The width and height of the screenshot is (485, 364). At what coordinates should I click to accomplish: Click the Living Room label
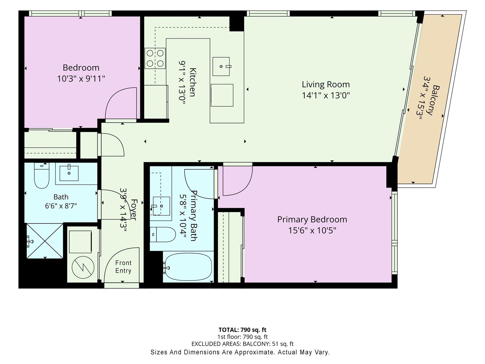[326, 84]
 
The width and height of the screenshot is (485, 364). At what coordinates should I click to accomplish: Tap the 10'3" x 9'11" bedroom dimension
[81, 79]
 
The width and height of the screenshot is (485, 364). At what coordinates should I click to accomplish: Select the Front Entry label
[123, 267]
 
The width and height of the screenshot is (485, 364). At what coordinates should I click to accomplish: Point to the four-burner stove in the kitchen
[155, 58]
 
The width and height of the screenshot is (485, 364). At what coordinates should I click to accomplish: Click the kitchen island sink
[221, 66]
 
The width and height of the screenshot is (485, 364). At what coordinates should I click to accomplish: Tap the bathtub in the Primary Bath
[188, 267]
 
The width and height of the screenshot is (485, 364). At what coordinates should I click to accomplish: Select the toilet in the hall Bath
[42, 176]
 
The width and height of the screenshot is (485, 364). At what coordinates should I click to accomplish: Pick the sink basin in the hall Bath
[69, 173]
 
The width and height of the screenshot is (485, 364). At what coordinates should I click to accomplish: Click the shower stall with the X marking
[45, 241]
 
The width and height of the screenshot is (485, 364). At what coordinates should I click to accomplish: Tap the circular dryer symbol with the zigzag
[83, 267]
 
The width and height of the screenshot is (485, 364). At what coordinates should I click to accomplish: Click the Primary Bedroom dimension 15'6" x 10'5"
[312, 231]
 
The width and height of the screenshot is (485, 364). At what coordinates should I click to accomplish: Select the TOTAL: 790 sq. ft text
[242, 330]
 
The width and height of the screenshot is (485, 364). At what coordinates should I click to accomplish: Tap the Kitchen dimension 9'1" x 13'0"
[182, 82]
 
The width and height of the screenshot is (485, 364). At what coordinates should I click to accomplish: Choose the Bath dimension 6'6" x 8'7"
[61, 206]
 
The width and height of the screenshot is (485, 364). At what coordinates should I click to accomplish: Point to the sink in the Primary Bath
[161, 206]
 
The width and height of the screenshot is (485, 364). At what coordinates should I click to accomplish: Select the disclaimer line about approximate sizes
[240, 352]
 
